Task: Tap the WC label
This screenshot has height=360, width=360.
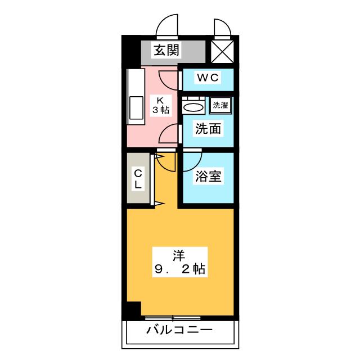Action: click(x=207, y=77)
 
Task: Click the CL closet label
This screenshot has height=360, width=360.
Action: click(x=137, y=179)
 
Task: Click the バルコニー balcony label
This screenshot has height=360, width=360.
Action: click(x=179, y=329)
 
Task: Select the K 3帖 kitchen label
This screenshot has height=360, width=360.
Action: click(x=159, y=105)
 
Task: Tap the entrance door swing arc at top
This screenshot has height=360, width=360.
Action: click(x=167, y=26)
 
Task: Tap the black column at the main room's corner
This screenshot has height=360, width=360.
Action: click(x=133, y=309)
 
